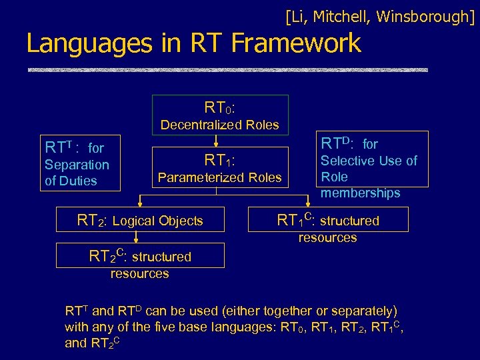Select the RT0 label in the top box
220,107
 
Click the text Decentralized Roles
220,125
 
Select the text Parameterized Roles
220,177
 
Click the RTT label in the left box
59,147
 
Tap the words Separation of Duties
76,173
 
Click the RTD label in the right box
341,143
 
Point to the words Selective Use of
369,161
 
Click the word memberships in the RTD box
360,193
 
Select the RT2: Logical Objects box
140,221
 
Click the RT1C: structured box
328,220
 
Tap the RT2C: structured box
140,256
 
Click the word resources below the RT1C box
327,238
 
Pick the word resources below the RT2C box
139,273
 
